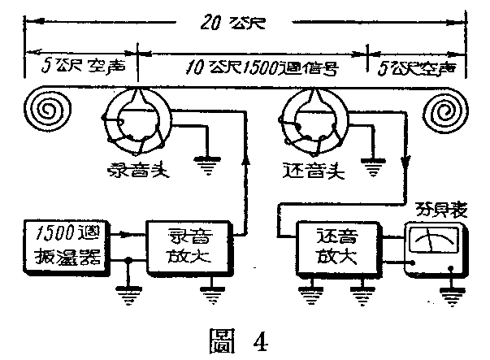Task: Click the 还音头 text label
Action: [314, 174]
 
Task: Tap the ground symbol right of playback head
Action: [373, 167]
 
